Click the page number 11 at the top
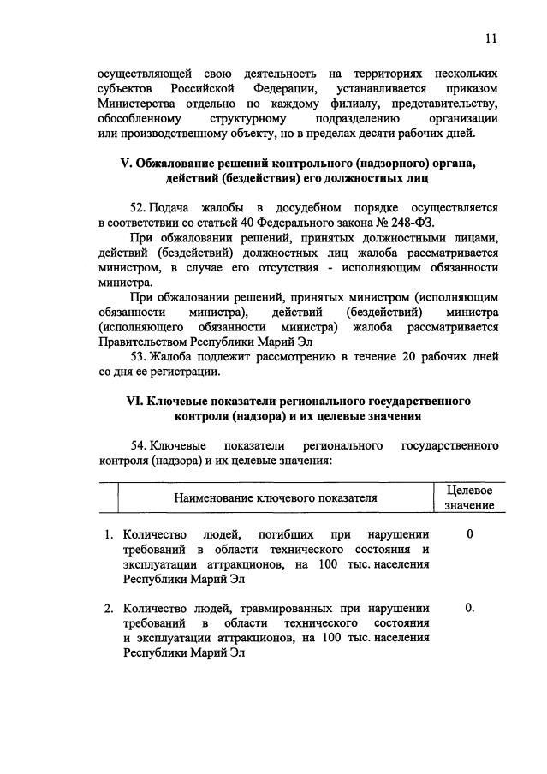(x=490, y=39)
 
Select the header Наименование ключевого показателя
(x=276, y=497)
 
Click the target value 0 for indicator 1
(x=470, y=534)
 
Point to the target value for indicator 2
(x=470, y=608)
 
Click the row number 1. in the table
(x=109, y=534)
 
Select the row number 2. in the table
(x=109, y=608)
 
